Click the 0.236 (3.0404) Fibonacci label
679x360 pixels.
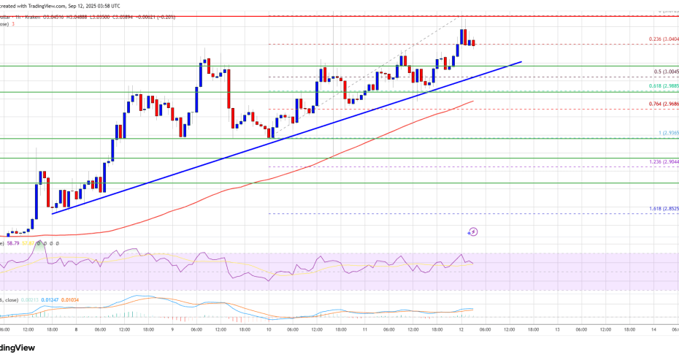pos(662,39)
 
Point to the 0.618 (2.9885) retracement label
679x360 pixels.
pos(662,87)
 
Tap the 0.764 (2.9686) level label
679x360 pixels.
pos(662,104)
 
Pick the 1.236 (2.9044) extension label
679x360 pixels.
pos(662,161)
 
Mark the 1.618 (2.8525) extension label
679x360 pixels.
pos(662,209)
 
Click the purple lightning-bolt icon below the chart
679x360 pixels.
pos(473,231)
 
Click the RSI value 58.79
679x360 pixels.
pos(14,242)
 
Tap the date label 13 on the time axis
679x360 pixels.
pos(557,329)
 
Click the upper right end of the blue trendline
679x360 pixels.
pos(521,62)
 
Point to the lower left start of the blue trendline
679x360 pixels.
pos(52,212)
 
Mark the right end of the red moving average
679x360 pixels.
pos(474,101)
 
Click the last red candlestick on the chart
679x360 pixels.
pos(473,43)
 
